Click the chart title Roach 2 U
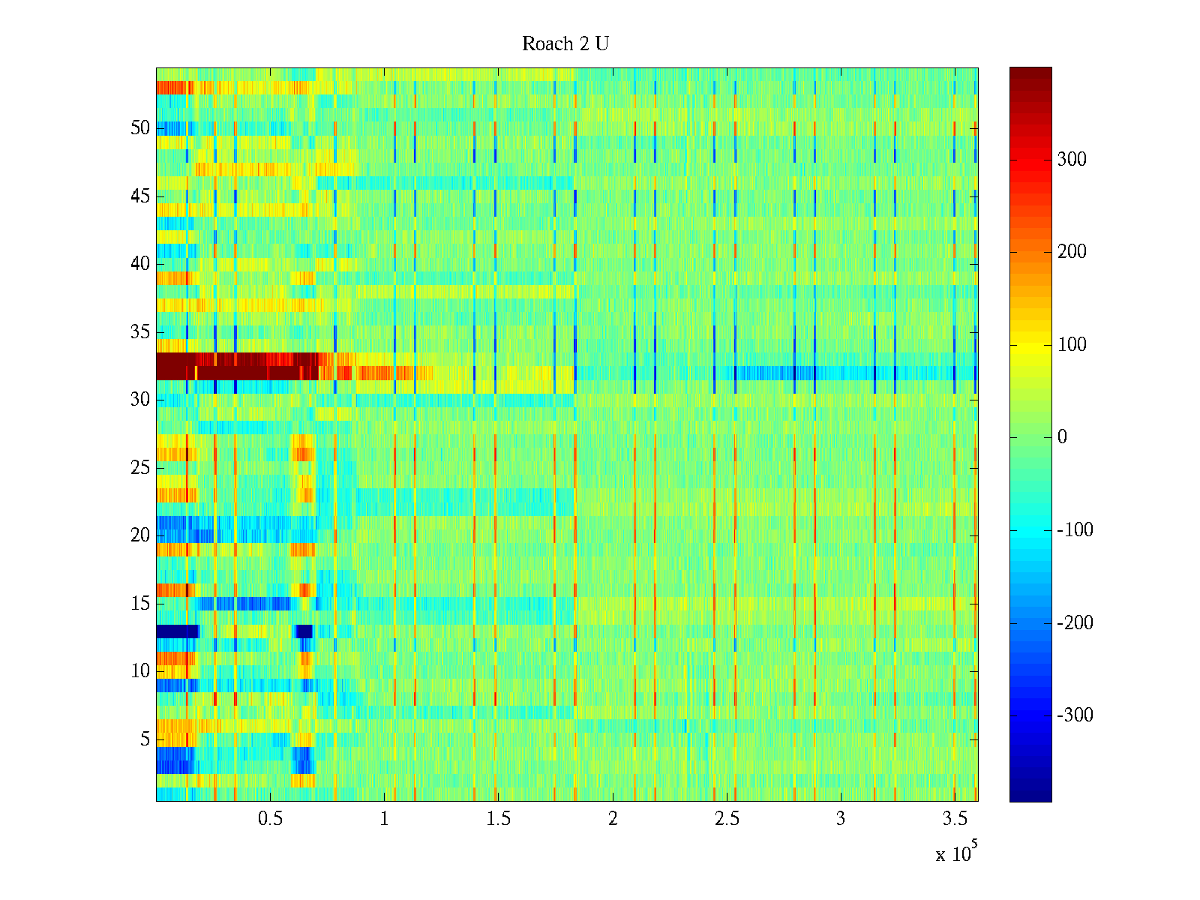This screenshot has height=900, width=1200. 565,44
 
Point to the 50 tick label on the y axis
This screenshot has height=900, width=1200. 140,128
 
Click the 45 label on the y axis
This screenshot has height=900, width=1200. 140,196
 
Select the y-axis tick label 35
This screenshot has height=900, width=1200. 140,332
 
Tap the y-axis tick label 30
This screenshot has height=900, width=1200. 140,400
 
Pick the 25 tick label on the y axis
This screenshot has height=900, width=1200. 140,468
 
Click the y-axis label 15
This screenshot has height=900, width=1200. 140,604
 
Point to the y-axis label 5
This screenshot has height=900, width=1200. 145,739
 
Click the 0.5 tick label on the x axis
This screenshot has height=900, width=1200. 270,819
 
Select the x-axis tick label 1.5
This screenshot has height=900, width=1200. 498,819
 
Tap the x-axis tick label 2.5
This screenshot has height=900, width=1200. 727,819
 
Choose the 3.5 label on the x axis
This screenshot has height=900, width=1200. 955,819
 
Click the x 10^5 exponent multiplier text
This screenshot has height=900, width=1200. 956,853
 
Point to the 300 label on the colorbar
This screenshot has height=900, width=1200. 1072,159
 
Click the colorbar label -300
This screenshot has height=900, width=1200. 1075,715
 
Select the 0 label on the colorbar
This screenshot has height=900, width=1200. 1062,437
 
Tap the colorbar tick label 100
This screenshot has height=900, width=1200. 1072,345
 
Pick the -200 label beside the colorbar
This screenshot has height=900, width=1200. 1075,622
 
